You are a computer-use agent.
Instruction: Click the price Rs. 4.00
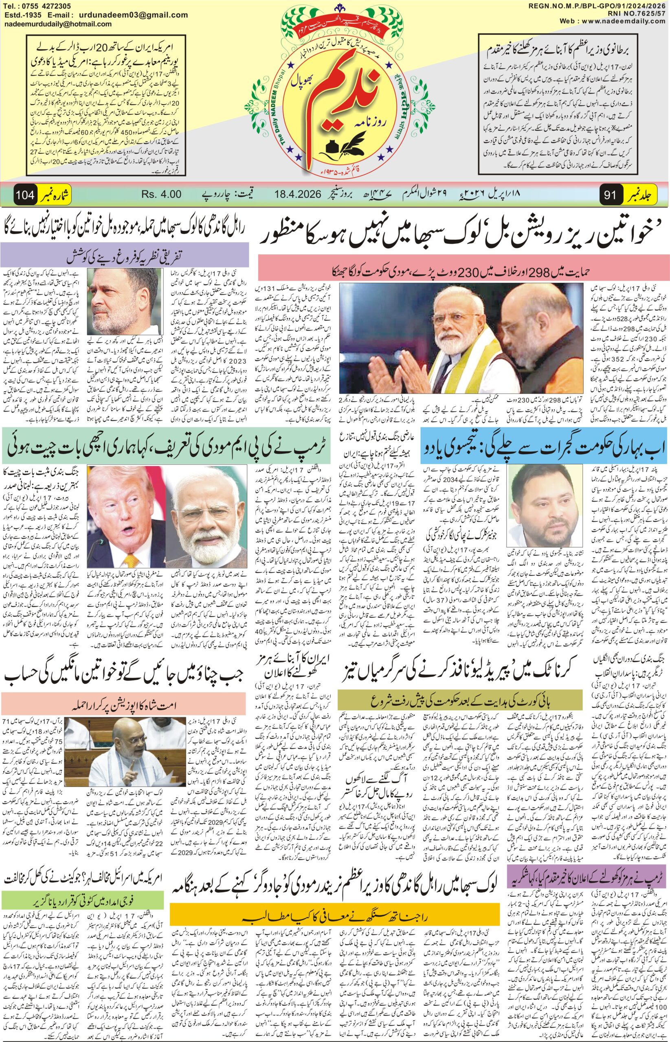click(161, 194)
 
